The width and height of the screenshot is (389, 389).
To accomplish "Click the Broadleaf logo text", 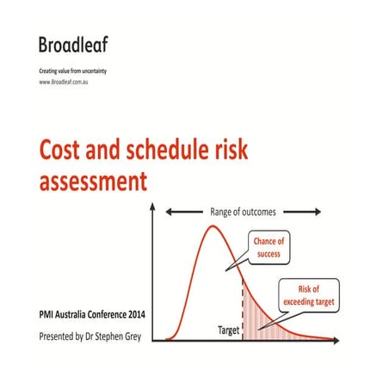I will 73,44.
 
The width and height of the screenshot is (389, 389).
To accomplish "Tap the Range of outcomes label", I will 244,211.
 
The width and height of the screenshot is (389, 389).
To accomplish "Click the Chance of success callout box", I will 267,246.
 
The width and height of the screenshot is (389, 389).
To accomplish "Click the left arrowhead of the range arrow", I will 170,211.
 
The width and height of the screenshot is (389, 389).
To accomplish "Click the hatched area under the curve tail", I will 262,323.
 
